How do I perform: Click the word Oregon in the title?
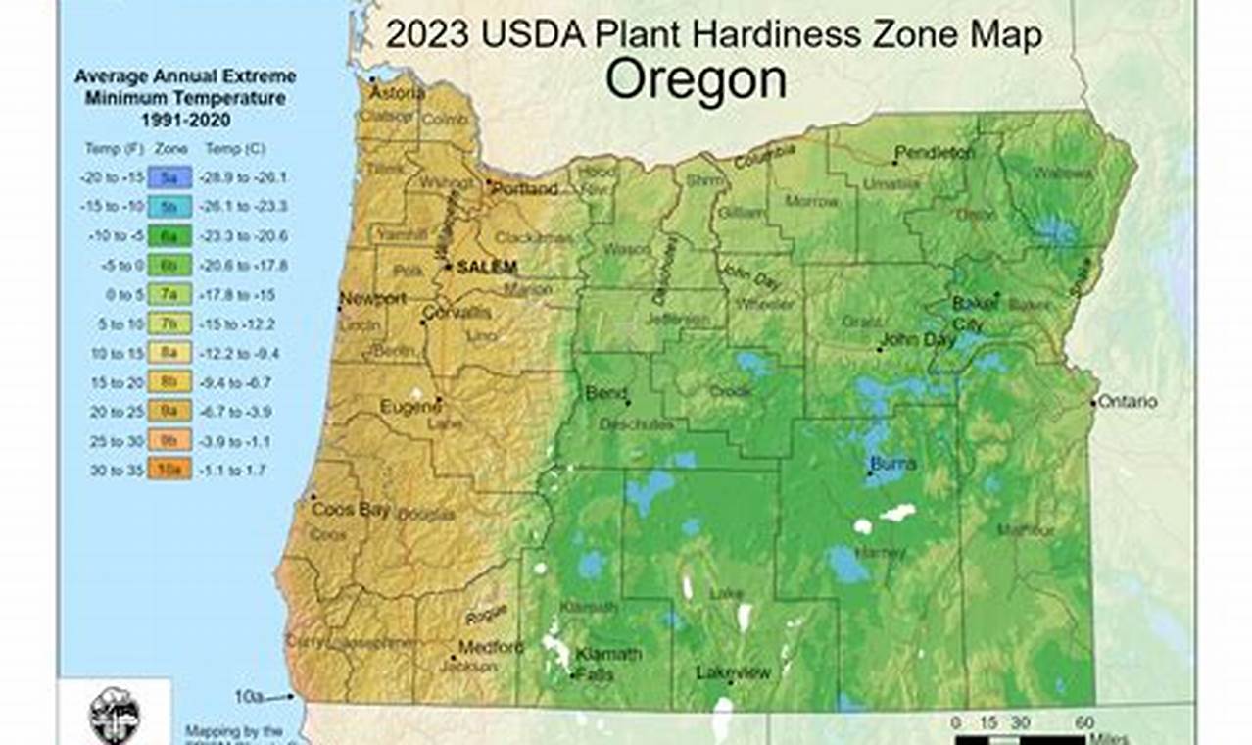[x=695, y=80]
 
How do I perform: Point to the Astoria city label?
[x=396, y=93]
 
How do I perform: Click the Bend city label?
[x=605, y=393]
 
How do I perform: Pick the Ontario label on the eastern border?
[x=1127, y=402]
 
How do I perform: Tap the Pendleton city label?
[x=934, y=153]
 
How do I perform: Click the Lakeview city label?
[x=733, y=672]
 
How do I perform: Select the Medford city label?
[x=492, y=647]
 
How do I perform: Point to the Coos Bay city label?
[x=350, y=510]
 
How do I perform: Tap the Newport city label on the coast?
[x=372, y=299]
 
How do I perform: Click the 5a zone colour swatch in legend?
[x=169, y=177]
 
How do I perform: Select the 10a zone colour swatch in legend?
[x=169, y=471]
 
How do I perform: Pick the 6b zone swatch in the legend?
[x=169, y=266]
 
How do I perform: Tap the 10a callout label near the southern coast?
[x=248, y=696]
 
